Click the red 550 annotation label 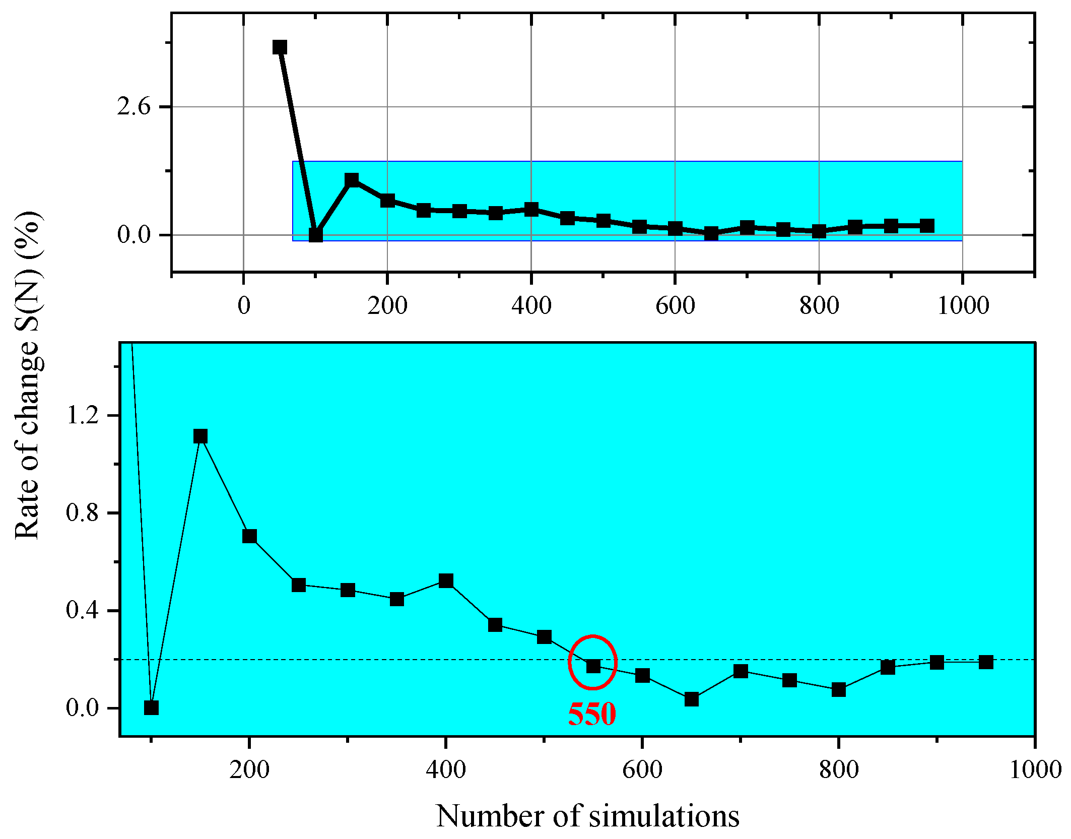coord(592,714)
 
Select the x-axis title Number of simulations coord(587,816)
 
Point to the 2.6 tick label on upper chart coord(133,107)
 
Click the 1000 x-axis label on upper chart coord(963,306)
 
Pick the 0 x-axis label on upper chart coord(244,306)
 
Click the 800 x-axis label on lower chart coord(839,770)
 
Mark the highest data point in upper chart coord(280,47)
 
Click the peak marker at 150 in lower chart coord(200,436)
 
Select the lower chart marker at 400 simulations coord(446,581)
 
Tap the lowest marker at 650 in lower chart coord(692,699)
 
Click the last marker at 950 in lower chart coord(986,662)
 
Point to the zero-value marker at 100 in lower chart coord(151,708)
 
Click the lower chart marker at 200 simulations coord(249,536)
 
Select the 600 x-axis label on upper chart coord(675,306)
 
